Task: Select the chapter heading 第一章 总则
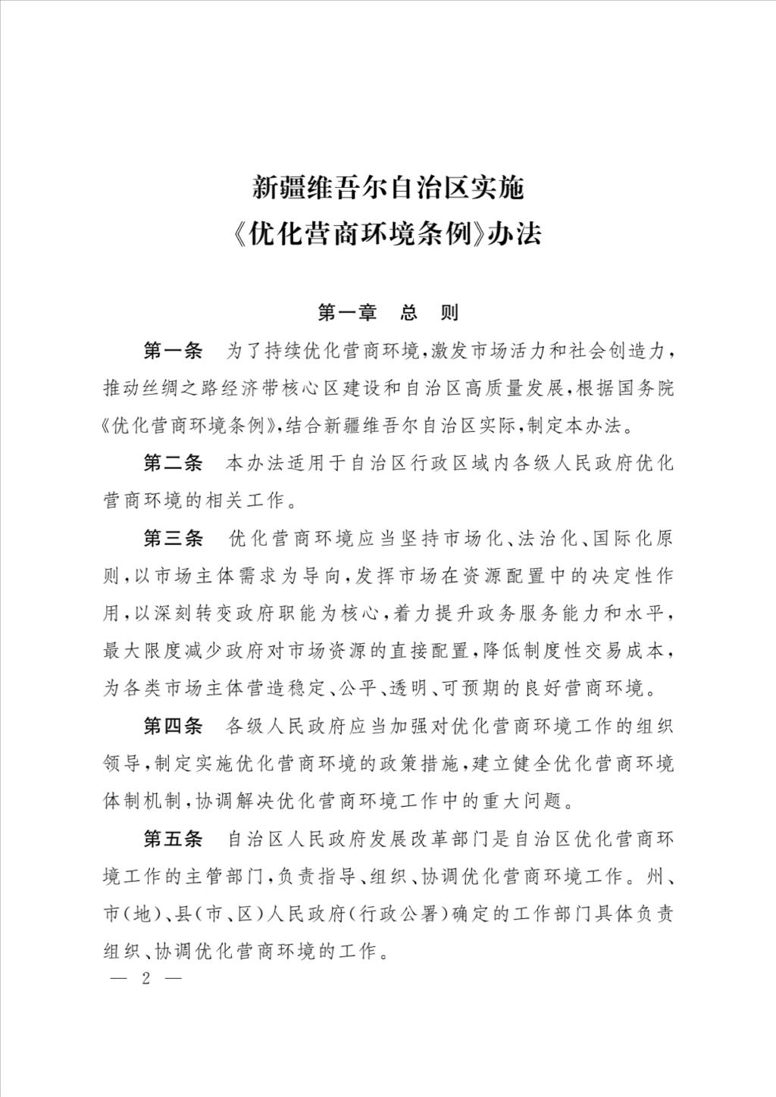pyautogui.click(x=388, y=312)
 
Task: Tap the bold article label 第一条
pyautogui.click(x=174, y=352)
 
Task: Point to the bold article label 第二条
pyautogui.click(x=174, y=463)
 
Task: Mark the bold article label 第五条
pyautogui.click(x=174, y=839)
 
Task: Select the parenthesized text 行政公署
pyautogui.click(x=400, y=913)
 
